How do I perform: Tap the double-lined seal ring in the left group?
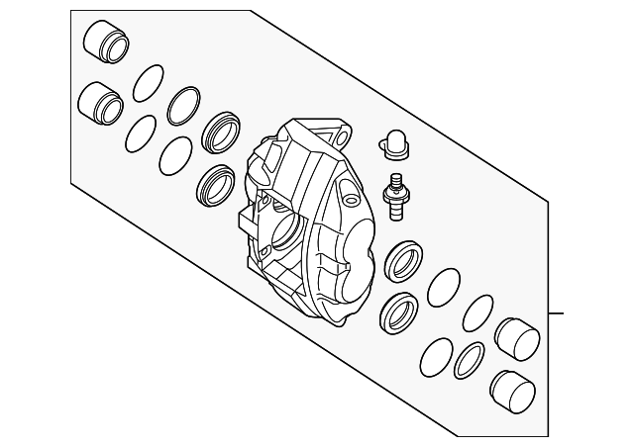[183, 104]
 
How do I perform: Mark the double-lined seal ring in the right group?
[469, 360]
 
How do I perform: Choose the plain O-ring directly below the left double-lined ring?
[175, 153]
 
